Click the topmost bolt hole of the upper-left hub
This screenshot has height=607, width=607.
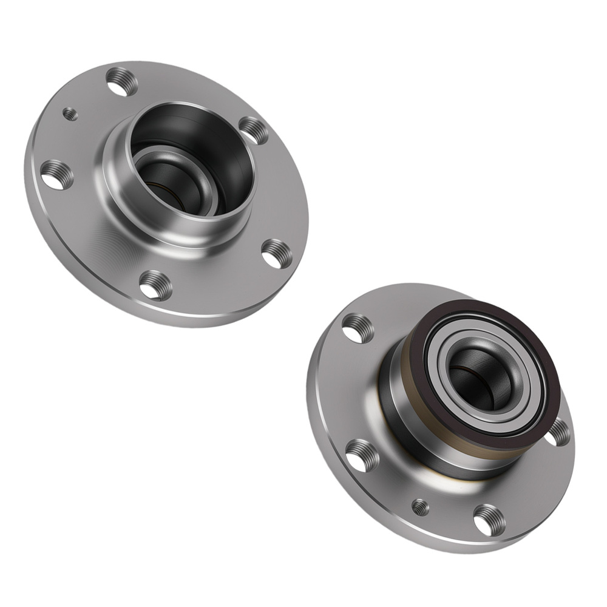(121, 82)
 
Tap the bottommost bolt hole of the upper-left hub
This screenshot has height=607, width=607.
(155, 285)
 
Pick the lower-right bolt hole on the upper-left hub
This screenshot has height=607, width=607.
(277, 254)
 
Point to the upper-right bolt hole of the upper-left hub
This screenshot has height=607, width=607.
(254, 130)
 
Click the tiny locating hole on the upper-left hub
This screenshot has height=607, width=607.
(70, 114)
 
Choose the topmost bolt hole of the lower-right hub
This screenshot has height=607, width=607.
(358, 328)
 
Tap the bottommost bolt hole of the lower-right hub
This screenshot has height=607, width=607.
(489, 520)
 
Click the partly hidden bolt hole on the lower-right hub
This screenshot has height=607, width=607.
(558, 432)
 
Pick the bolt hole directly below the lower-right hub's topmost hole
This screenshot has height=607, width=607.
(362, 456)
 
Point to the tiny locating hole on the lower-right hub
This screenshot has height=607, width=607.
(420, 507)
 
